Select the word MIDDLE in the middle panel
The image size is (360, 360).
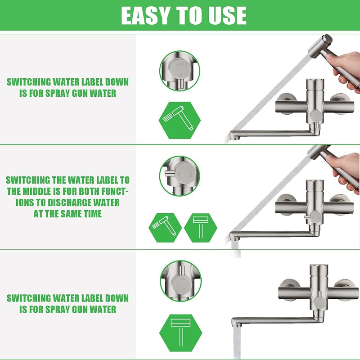click(42, 191)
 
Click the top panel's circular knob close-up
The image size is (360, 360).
click(180, 71)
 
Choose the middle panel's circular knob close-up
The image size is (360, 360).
click(180, 176)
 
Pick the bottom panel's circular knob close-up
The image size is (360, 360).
click(181, 281)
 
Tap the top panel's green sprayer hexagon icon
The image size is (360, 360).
click(180, 120)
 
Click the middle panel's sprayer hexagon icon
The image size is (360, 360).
click(165, 228)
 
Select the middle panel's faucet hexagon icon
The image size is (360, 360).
click(201, 228)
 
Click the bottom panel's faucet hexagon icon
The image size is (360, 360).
click(181, 333)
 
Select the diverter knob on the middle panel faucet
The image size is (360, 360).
click(315, 216)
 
